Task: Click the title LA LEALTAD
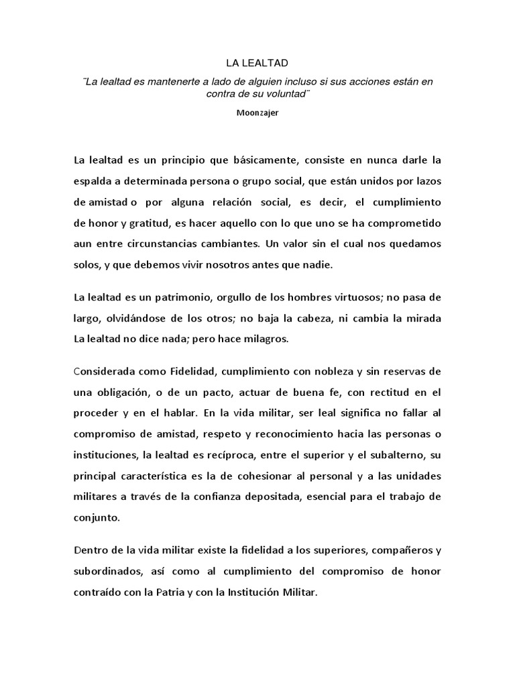pyautogui.click(x=257, y=63)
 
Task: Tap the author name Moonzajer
pyautogui.click(x=257, y=113)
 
